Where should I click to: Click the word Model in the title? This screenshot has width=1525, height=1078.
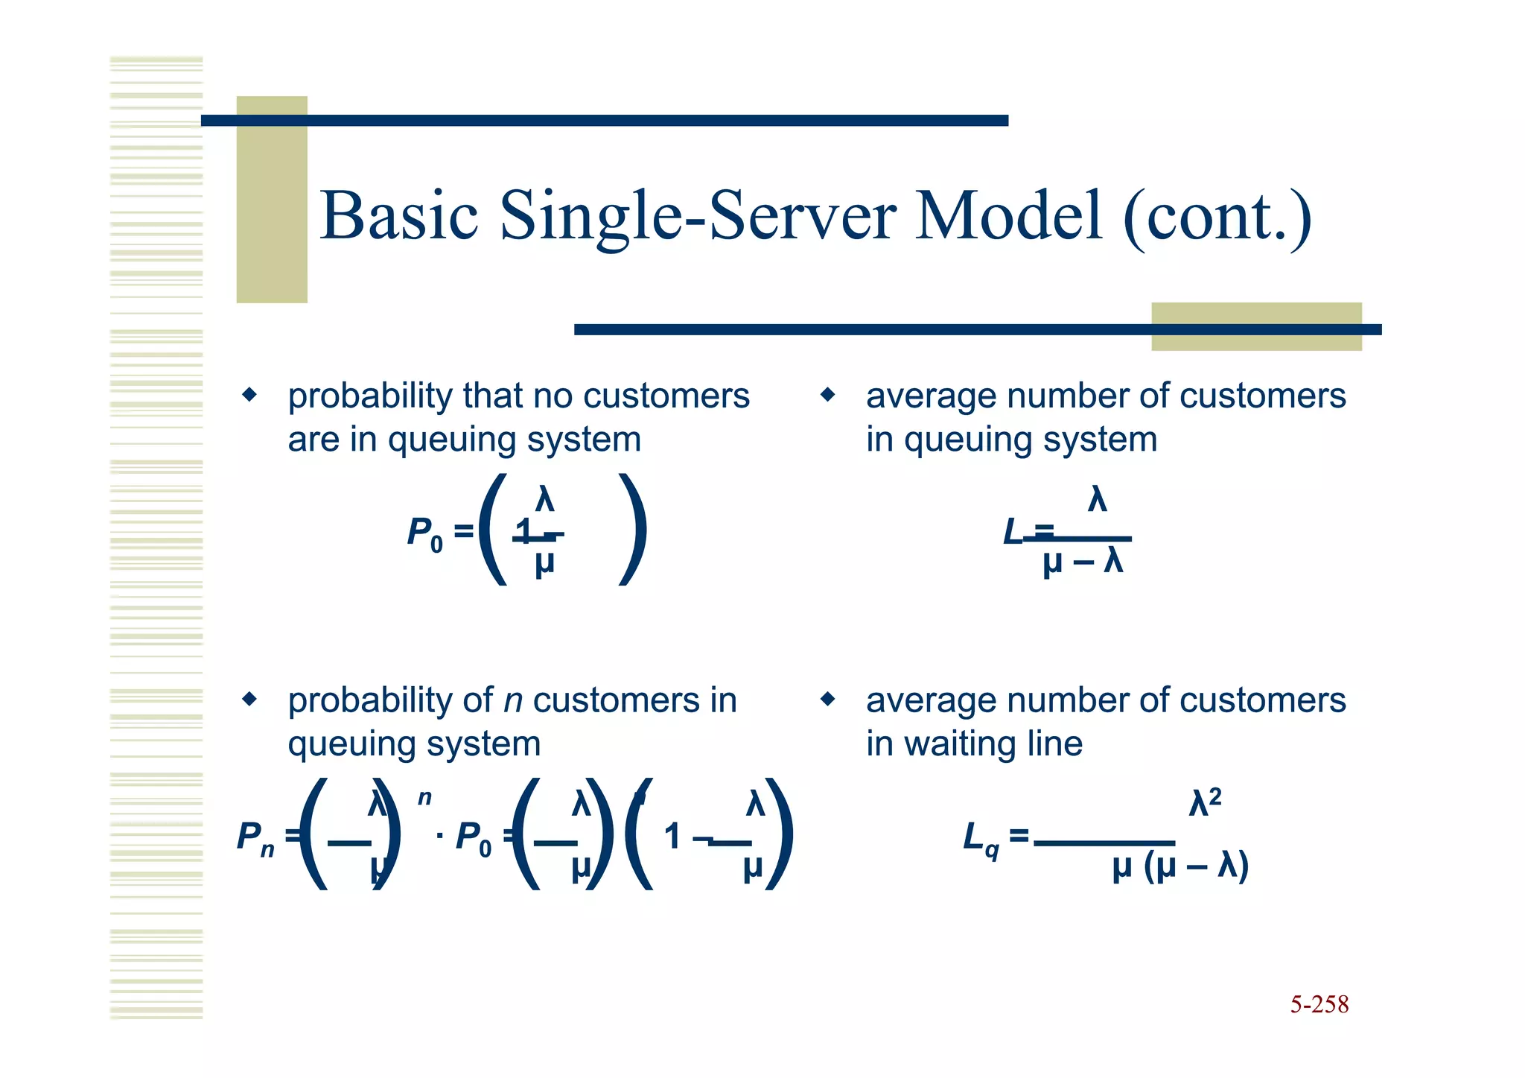tap(1008, 216)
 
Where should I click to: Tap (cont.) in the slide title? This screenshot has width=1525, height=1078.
tap(1217, 218)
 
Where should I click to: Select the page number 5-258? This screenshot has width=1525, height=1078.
tap(1319, 1004)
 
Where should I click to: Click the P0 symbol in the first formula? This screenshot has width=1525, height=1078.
tap(424, 534)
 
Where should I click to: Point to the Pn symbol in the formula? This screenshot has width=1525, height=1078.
tap(255, 838)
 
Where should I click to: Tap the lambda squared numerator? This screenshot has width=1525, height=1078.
tap(1205, 803)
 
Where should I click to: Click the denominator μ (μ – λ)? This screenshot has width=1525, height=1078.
tap(1179, 867)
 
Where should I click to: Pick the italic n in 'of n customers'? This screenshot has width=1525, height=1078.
tap(512, 701)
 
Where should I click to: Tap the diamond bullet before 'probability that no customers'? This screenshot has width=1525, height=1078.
tap(249, 394)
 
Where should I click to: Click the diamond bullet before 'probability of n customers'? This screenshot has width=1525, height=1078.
tap(249, 699)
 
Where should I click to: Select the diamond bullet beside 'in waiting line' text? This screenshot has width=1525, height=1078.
tap(827, 699)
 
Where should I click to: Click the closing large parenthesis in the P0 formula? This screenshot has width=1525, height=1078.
tap(634, 530)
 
